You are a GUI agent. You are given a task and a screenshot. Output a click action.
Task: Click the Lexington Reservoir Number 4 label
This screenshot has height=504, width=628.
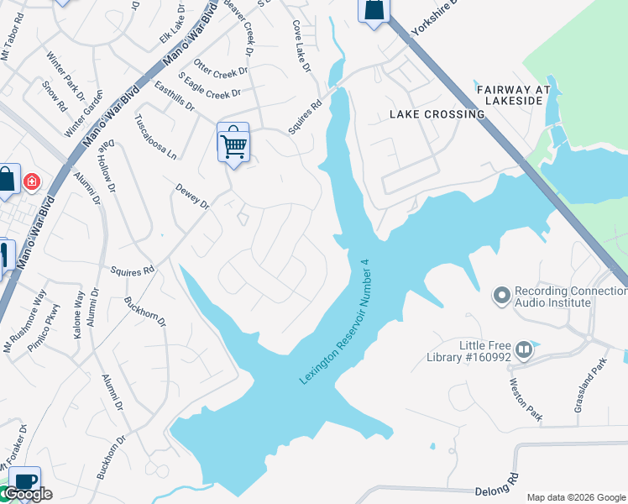click(x=335, y=322)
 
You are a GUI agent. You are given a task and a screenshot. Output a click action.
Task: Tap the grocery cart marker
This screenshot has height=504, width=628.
click(x=233, y=144)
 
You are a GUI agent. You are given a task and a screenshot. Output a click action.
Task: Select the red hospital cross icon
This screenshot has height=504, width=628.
click(x=32, y=181)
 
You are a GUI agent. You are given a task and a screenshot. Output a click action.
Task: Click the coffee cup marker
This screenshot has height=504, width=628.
click(x=25, y=481)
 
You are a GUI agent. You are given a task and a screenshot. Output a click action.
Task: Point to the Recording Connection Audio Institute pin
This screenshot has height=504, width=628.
click(x=502, y=295)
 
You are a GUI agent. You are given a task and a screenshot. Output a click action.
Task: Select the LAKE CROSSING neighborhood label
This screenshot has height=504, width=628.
click(x=437, y=114)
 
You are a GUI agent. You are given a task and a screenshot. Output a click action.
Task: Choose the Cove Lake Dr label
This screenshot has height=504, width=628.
click(x=301, y=45)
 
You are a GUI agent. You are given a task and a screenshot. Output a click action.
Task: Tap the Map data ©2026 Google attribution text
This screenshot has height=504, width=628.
click(x=575, y=496)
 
